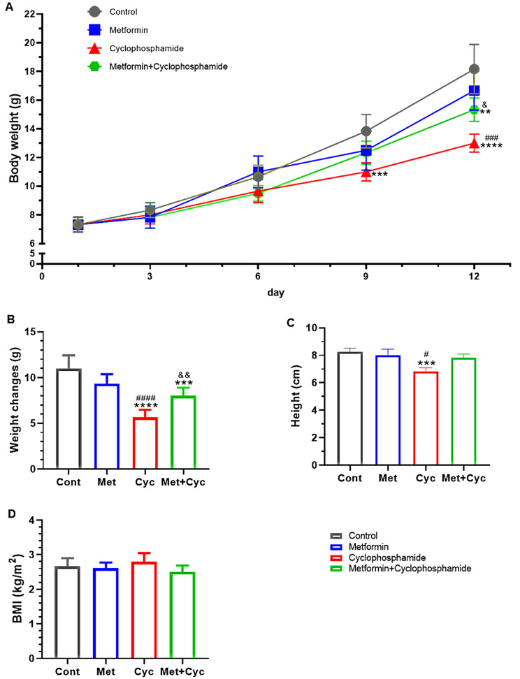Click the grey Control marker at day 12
[x=474, y=69]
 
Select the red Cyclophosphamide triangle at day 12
[x=474, y=143]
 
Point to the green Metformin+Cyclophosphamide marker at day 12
[x=474, y=110]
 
